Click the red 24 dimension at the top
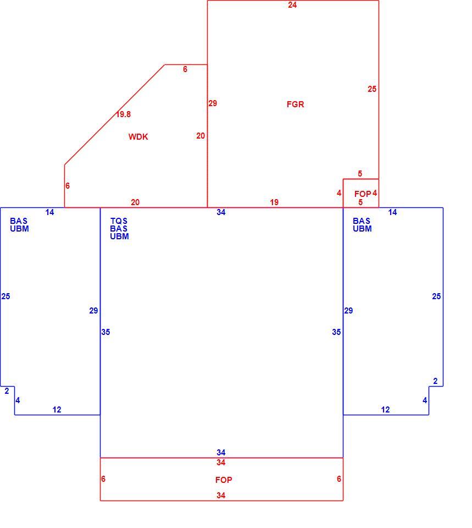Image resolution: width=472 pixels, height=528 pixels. point(292,5)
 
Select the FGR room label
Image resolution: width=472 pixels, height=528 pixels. point(295,105)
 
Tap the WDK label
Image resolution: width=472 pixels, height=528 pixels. point(138,137)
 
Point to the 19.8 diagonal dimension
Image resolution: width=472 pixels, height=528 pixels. point(124,114)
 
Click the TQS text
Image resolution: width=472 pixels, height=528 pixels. point(119,221)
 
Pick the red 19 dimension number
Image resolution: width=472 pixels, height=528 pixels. point(274,202)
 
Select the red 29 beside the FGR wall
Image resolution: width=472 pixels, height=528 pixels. point(213,103)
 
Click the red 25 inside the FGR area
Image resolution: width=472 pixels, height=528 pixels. point(372,89)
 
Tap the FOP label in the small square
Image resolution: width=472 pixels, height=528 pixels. point(362,194)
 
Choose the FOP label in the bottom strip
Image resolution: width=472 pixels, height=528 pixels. point(224,480)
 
